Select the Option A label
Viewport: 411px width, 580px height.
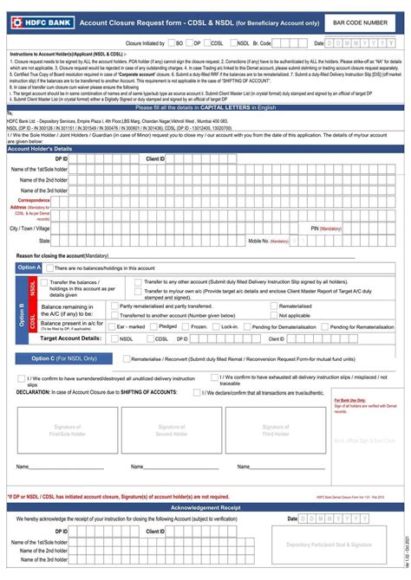click(29, 268)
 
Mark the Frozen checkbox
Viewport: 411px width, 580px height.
click(186, 326)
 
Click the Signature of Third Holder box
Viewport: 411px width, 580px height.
click(276, 430)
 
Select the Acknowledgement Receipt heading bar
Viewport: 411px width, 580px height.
click(205, 507)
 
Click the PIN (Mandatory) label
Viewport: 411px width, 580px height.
click(326, 228)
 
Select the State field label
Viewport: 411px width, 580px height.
click(43, 241)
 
